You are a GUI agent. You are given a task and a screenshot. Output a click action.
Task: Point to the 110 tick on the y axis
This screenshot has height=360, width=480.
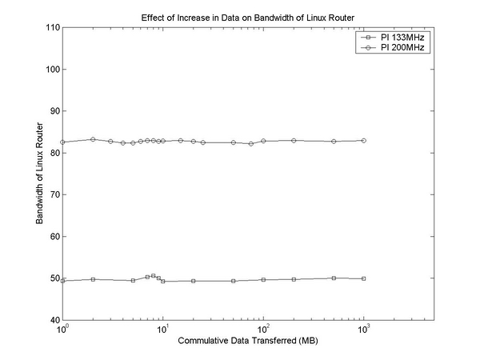coord(53,27)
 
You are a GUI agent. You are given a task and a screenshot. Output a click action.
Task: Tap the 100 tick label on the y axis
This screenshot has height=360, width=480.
coord(53,69)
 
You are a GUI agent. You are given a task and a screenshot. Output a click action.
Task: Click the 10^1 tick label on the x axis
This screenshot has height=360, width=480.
coord(162,330)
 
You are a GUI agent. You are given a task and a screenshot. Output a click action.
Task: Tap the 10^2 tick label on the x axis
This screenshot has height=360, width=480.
coord(263,330)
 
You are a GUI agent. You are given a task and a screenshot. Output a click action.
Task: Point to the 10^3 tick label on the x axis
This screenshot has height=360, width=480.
coord(364,330)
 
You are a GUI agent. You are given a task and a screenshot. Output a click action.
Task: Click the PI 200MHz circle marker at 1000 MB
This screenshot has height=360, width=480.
coord(364,140)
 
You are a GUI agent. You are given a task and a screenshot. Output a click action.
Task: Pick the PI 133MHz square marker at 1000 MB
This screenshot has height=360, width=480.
coord(364,278)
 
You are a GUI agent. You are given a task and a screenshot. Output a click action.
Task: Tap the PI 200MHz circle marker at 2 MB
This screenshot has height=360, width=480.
coord(93,139)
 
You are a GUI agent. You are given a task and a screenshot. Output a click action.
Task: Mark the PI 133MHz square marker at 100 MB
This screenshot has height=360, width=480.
coord(263,279)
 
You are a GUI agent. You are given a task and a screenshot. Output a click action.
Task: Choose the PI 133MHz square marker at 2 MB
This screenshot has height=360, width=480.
coord(93,279)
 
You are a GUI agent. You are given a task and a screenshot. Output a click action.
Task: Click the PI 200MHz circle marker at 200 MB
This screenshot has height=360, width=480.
coord(294,141)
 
